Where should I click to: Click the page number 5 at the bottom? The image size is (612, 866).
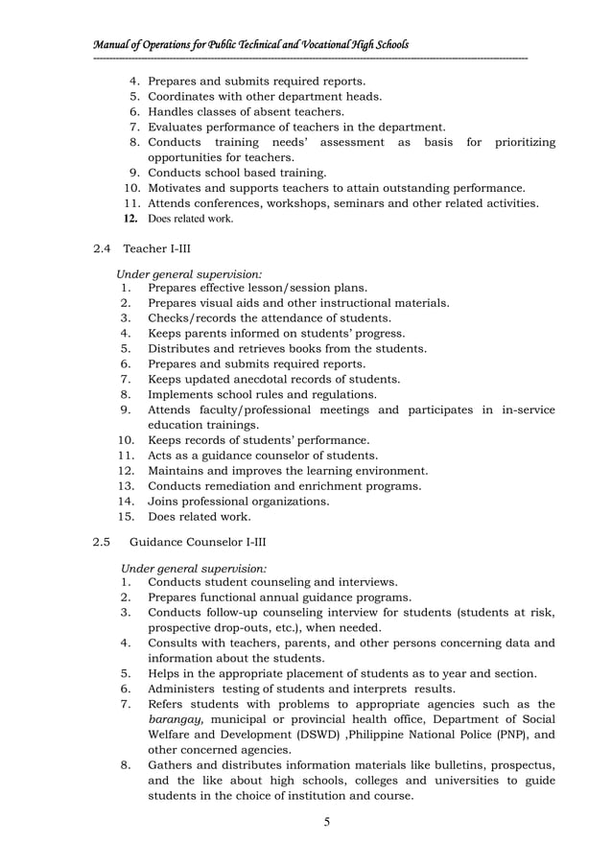coord(326,822)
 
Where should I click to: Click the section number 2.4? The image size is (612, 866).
coord(103,249)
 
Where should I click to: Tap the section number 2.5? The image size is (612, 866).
coord(103,542)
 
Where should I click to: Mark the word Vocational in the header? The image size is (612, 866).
coord(307,45)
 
